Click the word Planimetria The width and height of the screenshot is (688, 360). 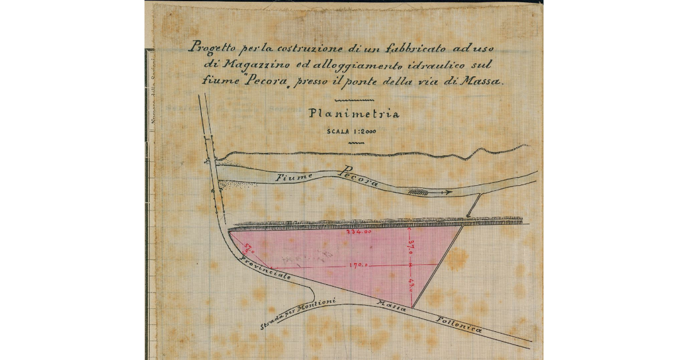tap(354, 114)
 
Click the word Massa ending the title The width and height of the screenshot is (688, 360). tap(484, 81)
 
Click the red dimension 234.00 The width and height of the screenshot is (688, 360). tap(359, 233)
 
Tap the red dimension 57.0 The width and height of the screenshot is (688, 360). tap(249, 248)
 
